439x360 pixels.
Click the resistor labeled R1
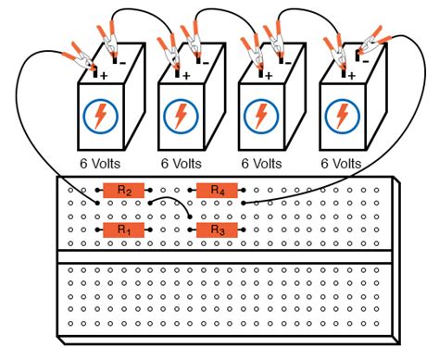(122, 229)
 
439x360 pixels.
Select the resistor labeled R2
(122, 190)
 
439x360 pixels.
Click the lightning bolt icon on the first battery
(96, 116)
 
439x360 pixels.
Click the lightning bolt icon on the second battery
(177, 116)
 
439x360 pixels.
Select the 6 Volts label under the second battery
(179, 162)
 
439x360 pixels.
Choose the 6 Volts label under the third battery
(260, 162)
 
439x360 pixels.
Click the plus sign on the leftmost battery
(104, 77)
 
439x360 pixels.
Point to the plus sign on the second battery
(185, 77)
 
